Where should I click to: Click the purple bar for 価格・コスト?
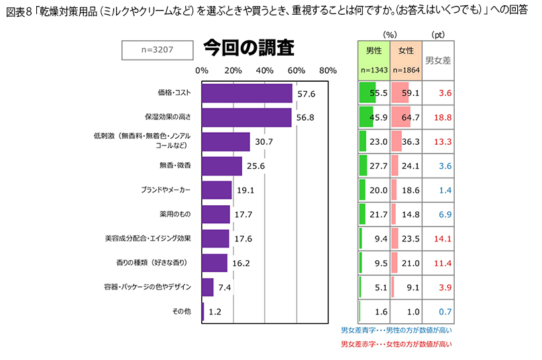coord(247,93)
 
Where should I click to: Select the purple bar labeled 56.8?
coord(246,117)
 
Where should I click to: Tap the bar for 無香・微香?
coord(221,166)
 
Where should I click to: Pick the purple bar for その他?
coord(203,311)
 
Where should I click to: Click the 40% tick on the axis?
coord(264,70)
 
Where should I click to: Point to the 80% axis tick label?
coord(328,70)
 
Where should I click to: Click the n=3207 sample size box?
coord(157,50)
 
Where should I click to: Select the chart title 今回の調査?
coord(248,49)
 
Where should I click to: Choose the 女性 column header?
coord(406,50)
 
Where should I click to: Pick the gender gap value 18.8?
coord(441,117)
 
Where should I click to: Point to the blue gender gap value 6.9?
coord(444,214)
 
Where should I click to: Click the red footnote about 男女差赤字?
coord(396,344)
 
